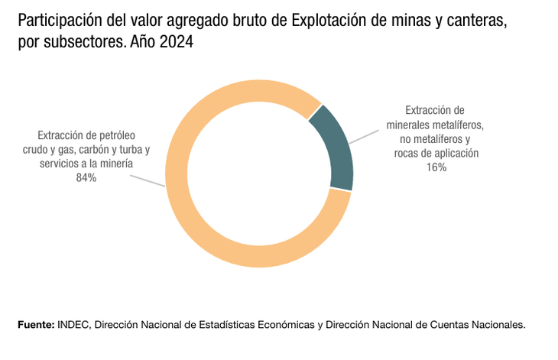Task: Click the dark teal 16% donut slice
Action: tap(337, 148)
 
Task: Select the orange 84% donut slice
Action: tap(199, 229)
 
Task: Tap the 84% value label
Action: tap(86, 178)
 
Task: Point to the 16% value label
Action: tap(436, 167)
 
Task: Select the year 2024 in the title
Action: tap(177, 44)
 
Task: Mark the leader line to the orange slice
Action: tap(147, 180)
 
